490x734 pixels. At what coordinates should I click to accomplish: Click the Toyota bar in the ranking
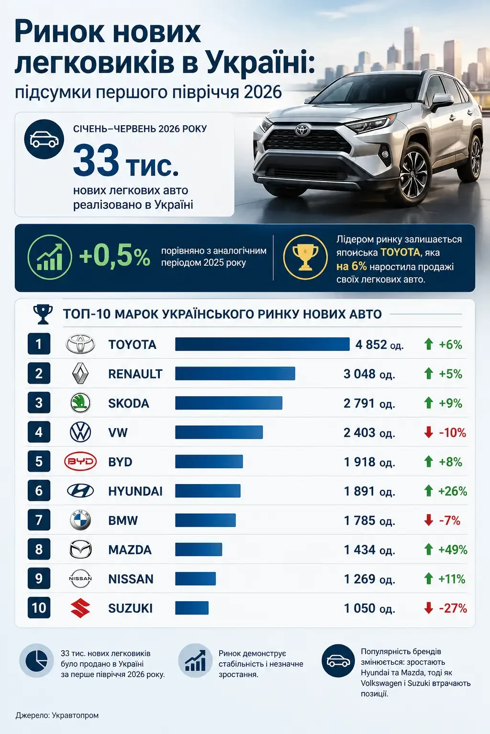(262, 344)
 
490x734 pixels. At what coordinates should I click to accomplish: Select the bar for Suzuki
(192, 608)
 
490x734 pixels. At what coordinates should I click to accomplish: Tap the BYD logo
(80, 461)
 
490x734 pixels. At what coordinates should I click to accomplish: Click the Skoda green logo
(80, 403)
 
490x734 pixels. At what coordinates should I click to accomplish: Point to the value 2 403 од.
(369, 432)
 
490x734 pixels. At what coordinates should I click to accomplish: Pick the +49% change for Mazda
(453, 550)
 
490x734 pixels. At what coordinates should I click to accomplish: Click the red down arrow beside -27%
(428, 608)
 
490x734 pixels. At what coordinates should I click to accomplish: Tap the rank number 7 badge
(39, 520)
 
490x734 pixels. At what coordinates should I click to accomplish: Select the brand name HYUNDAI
(135, 491)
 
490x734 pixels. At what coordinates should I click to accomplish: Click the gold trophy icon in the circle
(305, 258)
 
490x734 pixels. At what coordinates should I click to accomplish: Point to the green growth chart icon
(50, 257)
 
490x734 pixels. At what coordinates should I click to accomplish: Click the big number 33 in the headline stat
(96, 161)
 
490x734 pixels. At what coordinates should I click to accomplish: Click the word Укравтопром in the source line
(75, 715)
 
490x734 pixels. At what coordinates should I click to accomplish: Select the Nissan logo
(80, 578)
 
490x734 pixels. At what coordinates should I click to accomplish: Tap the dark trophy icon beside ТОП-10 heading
(43, 314)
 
